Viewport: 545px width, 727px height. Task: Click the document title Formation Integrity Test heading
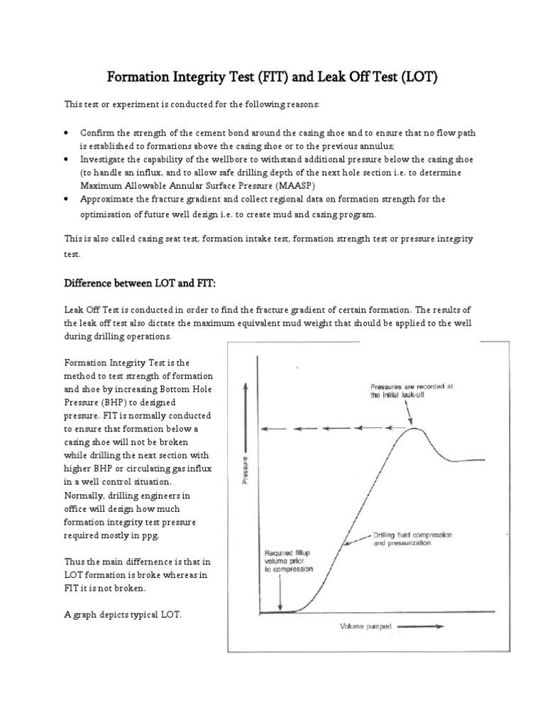pos(272,76)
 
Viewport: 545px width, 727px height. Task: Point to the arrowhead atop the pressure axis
pos(246,386)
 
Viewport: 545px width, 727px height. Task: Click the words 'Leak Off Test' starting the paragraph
pos(94,310)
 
